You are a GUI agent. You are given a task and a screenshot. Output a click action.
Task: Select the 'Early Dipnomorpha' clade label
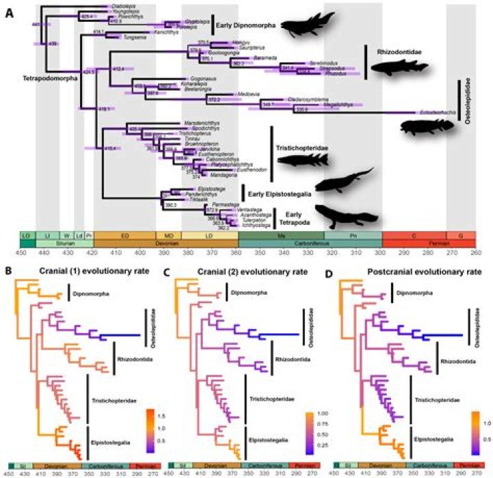246,26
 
